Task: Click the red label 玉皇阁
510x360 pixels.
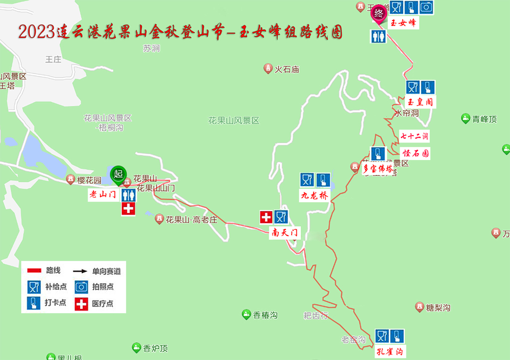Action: tap(420, 102)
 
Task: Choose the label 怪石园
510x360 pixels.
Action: tap(415, 154)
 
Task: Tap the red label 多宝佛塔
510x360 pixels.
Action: tap(378, 170)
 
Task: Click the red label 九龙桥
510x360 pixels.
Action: tap(315, 196)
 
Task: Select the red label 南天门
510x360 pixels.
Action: tap(285, 232)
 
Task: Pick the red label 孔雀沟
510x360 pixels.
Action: tap(390, 351)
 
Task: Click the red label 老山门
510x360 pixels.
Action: tap(103, 195)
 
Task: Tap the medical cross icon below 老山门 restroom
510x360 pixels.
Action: tap(129, 209)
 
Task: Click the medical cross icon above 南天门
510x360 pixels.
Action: tap(266, 217)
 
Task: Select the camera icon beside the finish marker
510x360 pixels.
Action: tap(426, 7)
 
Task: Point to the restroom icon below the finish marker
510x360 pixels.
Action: tap(378, 37)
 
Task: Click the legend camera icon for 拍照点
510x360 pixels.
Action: tap(81, 287)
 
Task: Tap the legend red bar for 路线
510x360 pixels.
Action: tap(35, 271)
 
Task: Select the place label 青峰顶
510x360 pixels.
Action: tap(484, 119)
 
